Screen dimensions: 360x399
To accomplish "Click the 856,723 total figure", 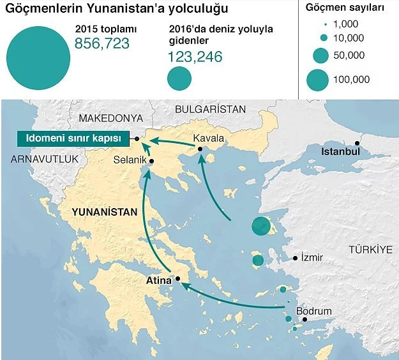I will (x=102, y=43).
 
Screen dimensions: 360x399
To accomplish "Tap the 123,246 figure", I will (x=195, y=57).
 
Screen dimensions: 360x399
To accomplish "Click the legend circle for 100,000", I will (x=317, y=79).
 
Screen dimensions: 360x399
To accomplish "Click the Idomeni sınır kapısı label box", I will (x=72, y=139).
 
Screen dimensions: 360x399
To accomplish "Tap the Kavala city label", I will (x=208, y=139).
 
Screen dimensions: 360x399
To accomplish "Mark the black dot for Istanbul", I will (x=358, y=143).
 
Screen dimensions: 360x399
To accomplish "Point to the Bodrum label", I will (x=315, y=310).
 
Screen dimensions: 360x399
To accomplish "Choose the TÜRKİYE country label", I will (x=370, y=250).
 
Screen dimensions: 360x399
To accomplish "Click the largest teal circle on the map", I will (x=260, y=226).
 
